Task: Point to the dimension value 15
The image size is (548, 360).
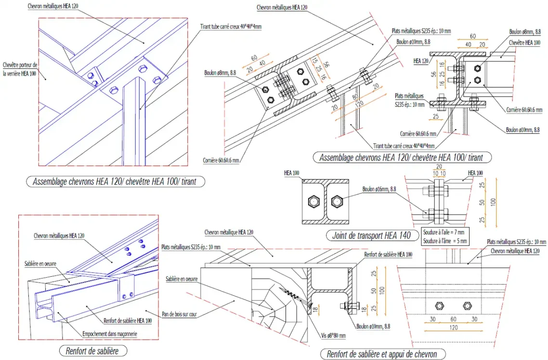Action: pyautogui.click(x=313, y=63)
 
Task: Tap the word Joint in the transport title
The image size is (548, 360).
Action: pyautogui.click(x=340, y=236)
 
